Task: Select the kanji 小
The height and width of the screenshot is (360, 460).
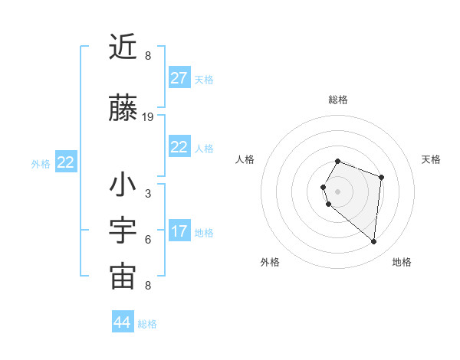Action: point(123,185)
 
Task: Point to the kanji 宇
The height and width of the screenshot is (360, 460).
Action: point(123,231)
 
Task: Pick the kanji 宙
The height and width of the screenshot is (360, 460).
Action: point(123,277)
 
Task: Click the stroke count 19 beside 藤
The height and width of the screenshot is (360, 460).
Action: point(148,117)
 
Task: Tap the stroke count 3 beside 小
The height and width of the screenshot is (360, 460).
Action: point(148,194)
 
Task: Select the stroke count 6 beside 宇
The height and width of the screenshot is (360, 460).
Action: point(148,240)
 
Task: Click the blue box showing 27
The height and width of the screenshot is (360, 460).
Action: point(179,78)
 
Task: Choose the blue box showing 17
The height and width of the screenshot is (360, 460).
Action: point(179,231)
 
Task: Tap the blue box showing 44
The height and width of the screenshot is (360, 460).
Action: point(122,322)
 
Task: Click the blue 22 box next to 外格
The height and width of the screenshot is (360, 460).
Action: point(65,162)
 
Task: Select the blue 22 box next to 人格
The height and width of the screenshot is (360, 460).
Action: point(179,147)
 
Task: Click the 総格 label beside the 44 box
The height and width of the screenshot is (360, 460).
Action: point(147,324)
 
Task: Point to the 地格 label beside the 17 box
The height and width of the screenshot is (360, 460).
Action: point(204,233)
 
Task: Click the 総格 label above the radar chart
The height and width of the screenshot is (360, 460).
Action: point(337,100)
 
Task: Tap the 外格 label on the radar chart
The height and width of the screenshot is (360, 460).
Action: point(270,262)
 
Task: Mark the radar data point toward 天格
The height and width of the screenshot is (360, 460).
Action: point(381,178)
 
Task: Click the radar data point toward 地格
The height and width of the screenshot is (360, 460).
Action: point(373,242)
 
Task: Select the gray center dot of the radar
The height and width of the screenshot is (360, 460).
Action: point(337,191)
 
